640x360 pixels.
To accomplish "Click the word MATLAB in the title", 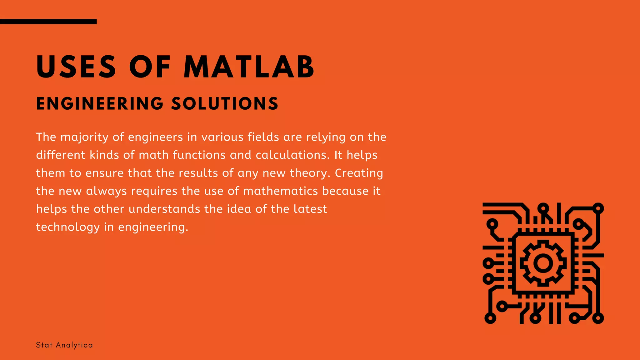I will (249, 67).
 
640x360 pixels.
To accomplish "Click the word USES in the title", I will (76, 67).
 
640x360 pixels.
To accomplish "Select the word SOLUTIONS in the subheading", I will (225, 104).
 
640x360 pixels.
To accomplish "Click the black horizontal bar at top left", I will (48, 22).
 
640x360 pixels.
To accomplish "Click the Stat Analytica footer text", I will (64, 345).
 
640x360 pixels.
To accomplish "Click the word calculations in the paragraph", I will (292, 155).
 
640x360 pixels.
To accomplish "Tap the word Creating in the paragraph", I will (359, 173).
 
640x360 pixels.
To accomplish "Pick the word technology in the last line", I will (67, 227).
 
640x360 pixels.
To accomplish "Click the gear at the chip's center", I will (543, 263).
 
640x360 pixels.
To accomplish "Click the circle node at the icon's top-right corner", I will (598, 208).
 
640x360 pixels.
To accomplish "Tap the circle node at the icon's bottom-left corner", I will (490, 318).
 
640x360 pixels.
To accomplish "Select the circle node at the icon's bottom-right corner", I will (598, 318).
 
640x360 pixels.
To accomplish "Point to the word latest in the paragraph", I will (310, 209).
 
